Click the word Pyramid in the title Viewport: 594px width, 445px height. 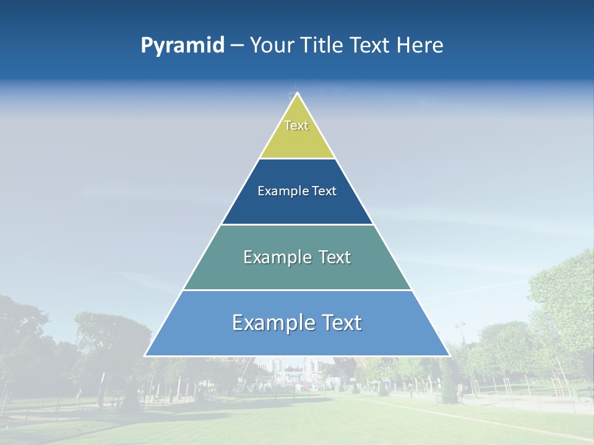(x=183, y=46)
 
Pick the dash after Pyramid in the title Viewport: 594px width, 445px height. (x=237, y=46)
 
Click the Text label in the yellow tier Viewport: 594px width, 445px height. (x=296, y=125)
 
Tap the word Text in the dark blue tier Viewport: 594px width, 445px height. (x=324, y=191)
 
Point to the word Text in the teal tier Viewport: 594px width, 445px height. (x=334, y=257)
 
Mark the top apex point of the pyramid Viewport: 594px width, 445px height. (x=297, y=93)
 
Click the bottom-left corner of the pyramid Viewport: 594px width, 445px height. (x=145, y=355)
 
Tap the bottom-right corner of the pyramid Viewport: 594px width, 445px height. (x=449, y=355)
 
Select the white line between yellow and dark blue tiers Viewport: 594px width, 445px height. (x=297, y=158)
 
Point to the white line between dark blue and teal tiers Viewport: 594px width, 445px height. (x=297, y=224)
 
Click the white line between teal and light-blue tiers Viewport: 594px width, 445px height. (x=297, y=290)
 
